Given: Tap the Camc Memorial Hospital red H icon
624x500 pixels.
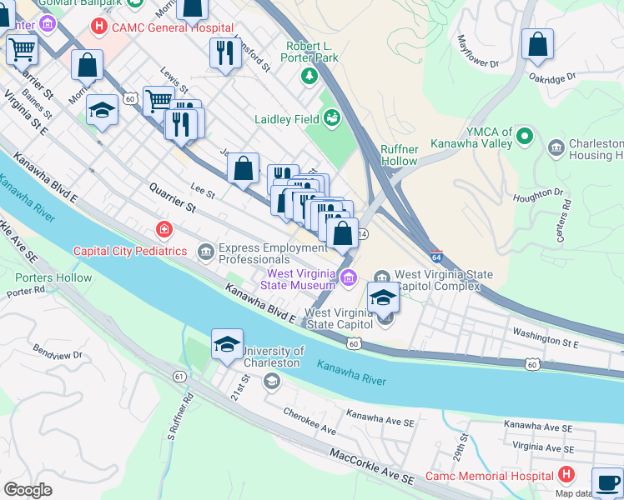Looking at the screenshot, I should click(x=566, y=475).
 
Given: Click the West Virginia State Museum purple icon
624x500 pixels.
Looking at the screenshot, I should click(x=349, y=277).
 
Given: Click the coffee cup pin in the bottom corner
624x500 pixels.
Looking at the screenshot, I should click(x=606, y=482).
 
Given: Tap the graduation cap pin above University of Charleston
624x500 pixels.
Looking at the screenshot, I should click(x=227, y=346).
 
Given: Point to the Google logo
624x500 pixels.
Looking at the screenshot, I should click(x=28, y=490).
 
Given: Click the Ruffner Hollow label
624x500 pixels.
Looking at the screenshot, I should click(x=399, y=155).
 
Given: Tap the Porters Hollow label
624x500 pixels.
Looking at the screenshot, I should click(x=53, y=277).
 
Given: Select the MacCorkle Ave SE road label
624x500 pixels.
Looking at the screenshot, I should click(x=371, y=467).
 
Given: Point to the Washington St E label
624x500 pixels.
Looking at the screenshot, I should click(x=545, y=337).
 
